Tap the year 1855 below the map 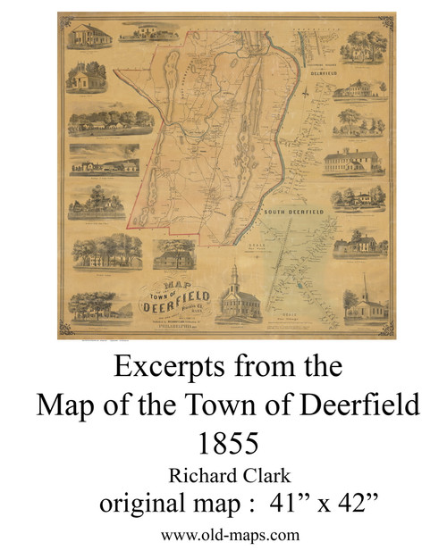click(223, 440)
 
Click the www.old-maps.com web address click(223, 536)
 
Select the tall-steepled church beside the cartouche click(235, 296)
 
